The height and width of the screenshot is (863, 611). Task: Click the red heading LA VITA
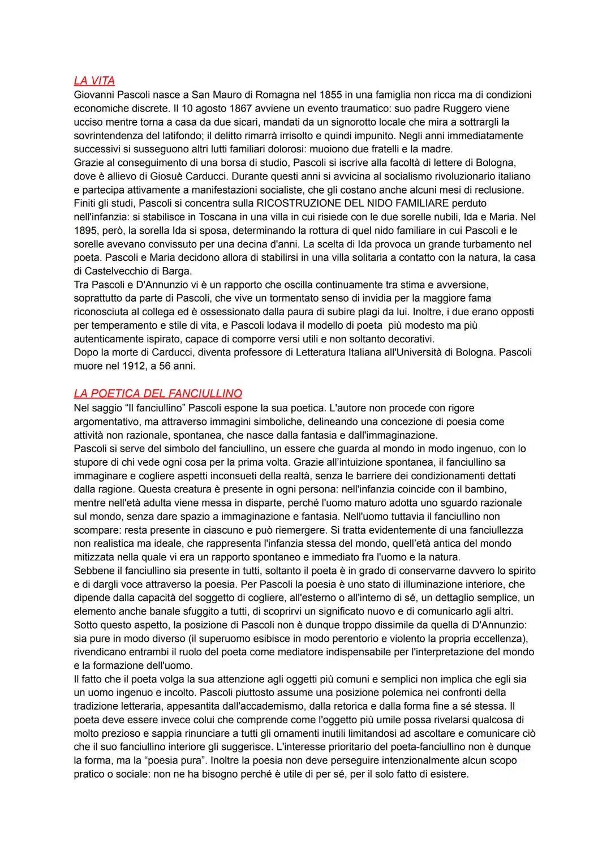94,81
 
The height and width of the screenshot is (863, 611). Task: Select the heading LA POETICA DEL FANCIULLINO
158,393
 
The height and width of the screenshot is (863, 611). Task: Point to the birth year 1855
331,95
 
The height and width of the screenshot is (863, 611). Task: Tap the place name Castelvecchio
117,271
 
